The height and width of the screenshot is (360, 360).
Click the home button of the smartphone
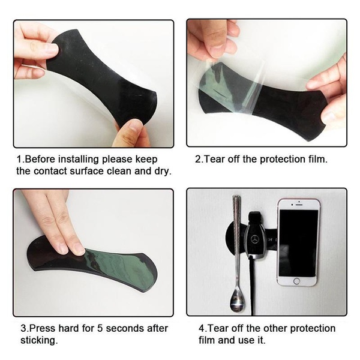point(296,281)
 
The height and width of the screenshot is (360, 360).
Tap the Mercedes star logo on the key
point(254,239)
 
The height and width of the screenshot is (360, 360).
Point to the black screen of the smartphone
point(298,243)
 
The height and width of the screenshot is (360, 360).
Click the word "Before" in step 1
point(39,160)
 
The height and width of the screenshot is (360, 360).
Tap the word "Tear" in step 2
point(214,160)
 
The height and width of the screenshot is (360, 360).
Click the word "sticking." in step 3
point(39,340)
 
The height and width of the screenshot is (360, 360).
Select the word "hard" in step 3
point(68,329)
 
